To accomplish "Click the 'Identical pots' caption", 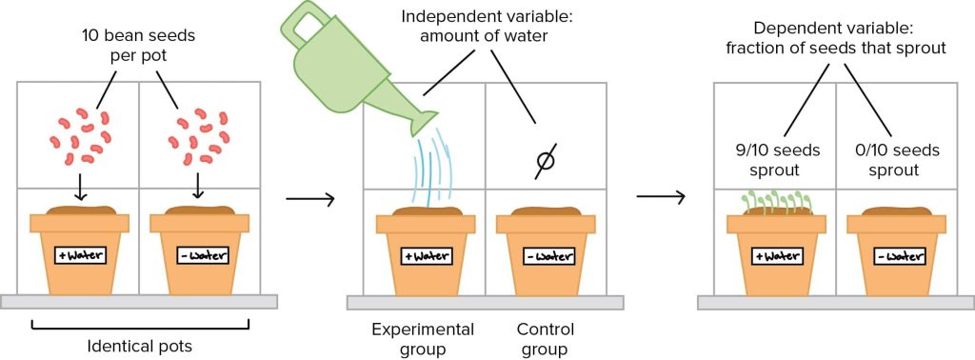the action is click(140, 345).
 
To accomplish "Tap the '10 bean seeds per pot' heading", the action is click(139, 45).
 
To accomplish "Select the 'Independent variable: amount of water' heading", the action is click(487, 26).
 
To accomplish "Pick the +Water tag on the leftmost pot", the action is click(80, 254).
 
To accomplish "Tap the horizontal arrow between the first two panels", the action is click(309, 199).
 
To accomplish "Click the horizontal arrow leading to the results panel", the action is click(661, 198).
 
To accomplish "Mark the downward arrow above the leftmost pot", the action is click(80, 189).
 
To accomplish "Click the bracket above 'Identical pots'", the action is click(140, 326).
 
